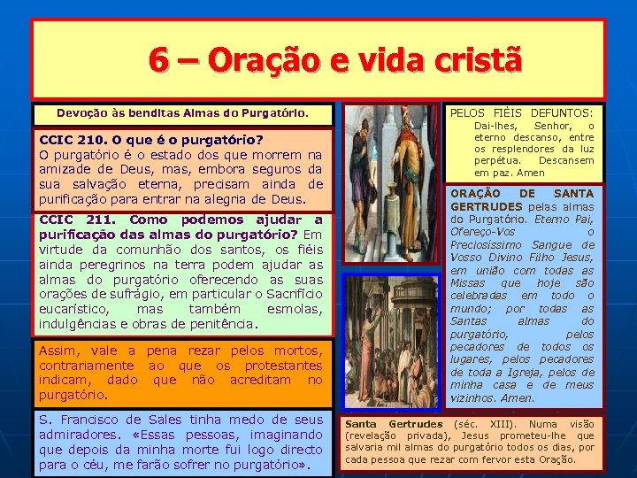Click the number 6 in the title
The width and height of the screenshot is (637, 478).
[x=159, y=61]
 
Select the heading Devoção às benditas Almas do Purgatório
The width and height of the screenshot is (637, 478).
[x=183, y=114]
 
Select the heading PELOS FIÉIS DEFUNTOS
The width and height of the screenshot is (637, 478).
[x=521, y=113]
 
